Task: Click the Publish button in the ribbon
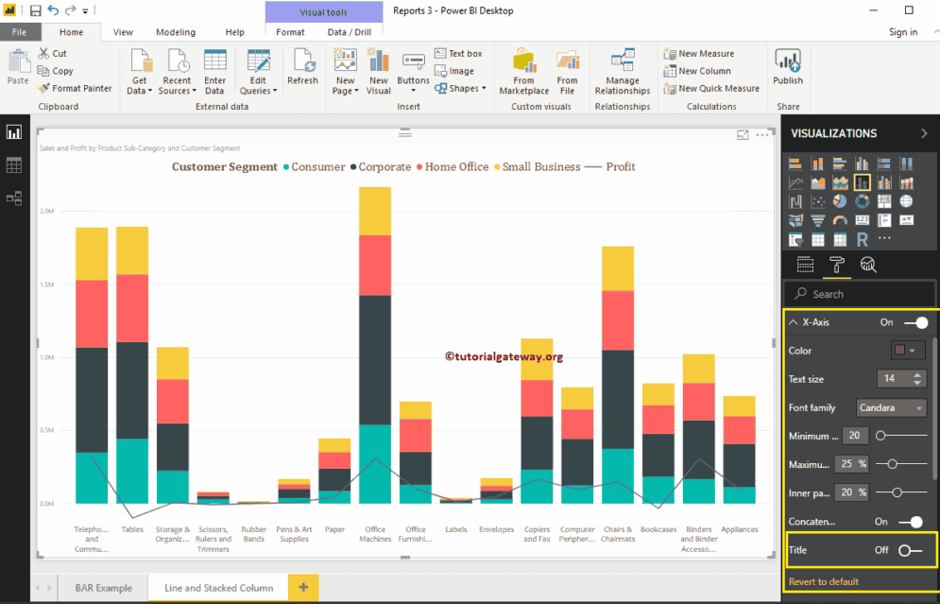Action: (787, 68)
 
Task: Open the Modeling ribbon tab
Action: (175, 32)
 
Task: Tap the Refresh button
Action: (302, 68)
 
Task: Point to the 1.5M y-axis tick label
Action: (46, 285)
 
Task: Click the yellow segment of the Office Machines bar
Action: (375, 211)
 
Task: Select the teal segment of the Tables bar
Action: (132, 470)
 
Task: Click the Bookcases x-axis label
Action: (658, 530)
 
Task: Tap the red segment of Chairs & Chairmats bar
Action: (618, 319)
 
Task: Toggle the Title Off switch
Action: (910, 550)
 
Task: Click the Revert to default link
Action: (823, 581)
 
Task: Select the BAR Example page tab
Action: (104, 588)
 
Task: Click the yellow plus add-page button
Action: (302, 588)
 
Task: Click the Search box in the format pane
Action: (860, 294)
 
